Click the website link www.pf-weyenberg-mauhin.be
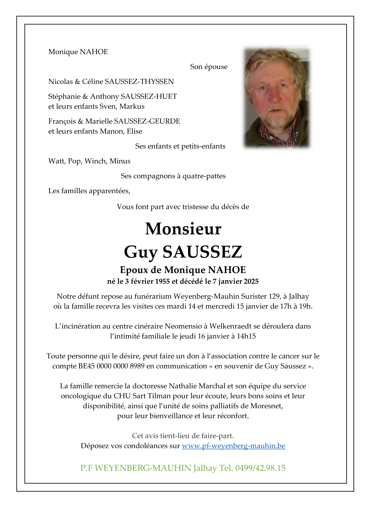pyautogui.click(x=233, y=446)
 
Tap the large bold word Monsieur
pyautogui.click(x=183, y=229)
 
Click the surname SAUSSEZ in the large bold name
pyautogui.click(x=202, y=252)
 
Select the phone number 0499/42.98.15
pyautogui.click(x=260, y=468)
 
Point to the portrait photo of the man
pyautogui.click(x=277, y=98)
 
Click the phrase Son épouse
pyautogui.click(x=208, y=67)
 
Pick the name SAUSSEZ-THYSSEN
pyautogui.click(x=139, y=82)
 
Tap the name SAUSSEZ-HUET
pyautogui.click(x=149, y=96)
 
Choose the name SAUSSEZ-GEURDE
pyautogui.click(x=147, y=121)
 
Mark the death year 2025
pyautogui.click(x=251, y=281)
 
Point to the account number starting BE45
pyautogui.click(x=111, y=366)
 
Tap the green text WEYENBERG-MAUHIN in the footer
pyautogui.click(x=143, y=468)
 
